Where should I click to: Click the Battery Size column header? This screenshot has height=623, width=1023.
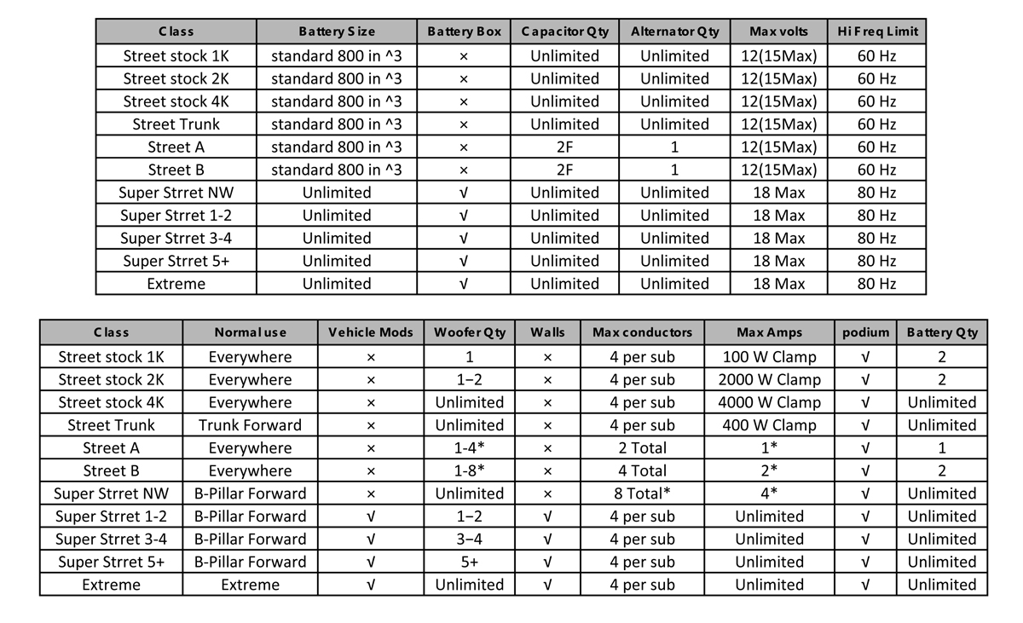337,32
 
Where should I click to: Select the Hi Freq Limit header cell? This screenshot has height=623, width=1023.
877,32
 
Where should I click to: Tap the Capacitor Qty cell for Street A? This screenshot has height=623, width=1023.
564,147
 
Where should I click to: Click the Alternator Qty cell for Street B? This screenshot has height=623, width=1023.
674,170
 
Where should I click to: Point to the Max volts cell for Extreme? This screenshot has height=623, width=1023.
778,284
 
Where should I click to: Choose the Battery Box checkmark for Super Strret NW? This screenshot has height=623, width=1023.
463,193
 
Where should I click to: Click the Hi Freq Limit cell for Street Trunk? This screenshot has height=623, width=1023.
877,124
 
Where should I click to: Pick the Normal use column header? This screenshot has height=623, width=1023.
250,332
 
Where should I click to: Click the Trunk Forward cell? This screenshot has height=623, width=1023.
250,425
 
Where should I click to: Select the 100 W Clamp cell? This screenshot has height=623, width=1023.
769,357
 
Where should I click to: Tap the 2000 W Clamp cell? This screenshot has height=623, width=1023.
769,380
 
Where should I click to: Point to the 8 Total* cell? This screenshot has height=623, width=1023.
642,493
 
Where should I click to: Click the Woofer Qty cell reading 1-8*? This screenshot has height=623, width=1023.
469,470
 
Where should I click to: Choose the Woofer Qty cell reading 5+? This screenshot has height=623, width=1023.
469,562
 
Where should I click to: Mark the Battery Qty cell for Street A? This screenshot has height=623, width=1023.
941,448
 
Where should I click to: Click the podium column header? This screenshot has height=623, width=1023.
865,332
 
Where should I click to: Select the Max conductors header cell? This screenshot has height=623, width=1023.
642,332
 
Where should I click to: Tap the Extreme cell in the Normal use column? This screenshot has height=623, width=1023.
250,585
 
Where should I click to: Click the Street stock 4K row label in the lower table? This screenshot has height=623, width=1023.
112,402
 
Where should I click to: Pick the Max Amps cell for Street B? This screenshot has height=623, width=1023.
769,470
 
